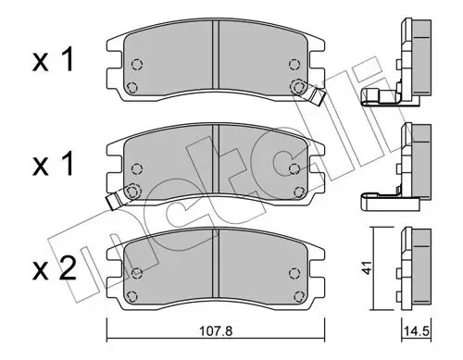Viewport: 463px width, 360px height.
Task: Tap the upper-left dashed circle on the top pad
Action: coord(136,65)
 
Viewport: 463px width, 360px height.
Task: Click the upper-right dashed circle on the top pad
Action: coord(295,65)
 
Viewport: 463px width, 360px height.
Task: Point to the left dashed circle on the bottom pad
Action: coord(136,272)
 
